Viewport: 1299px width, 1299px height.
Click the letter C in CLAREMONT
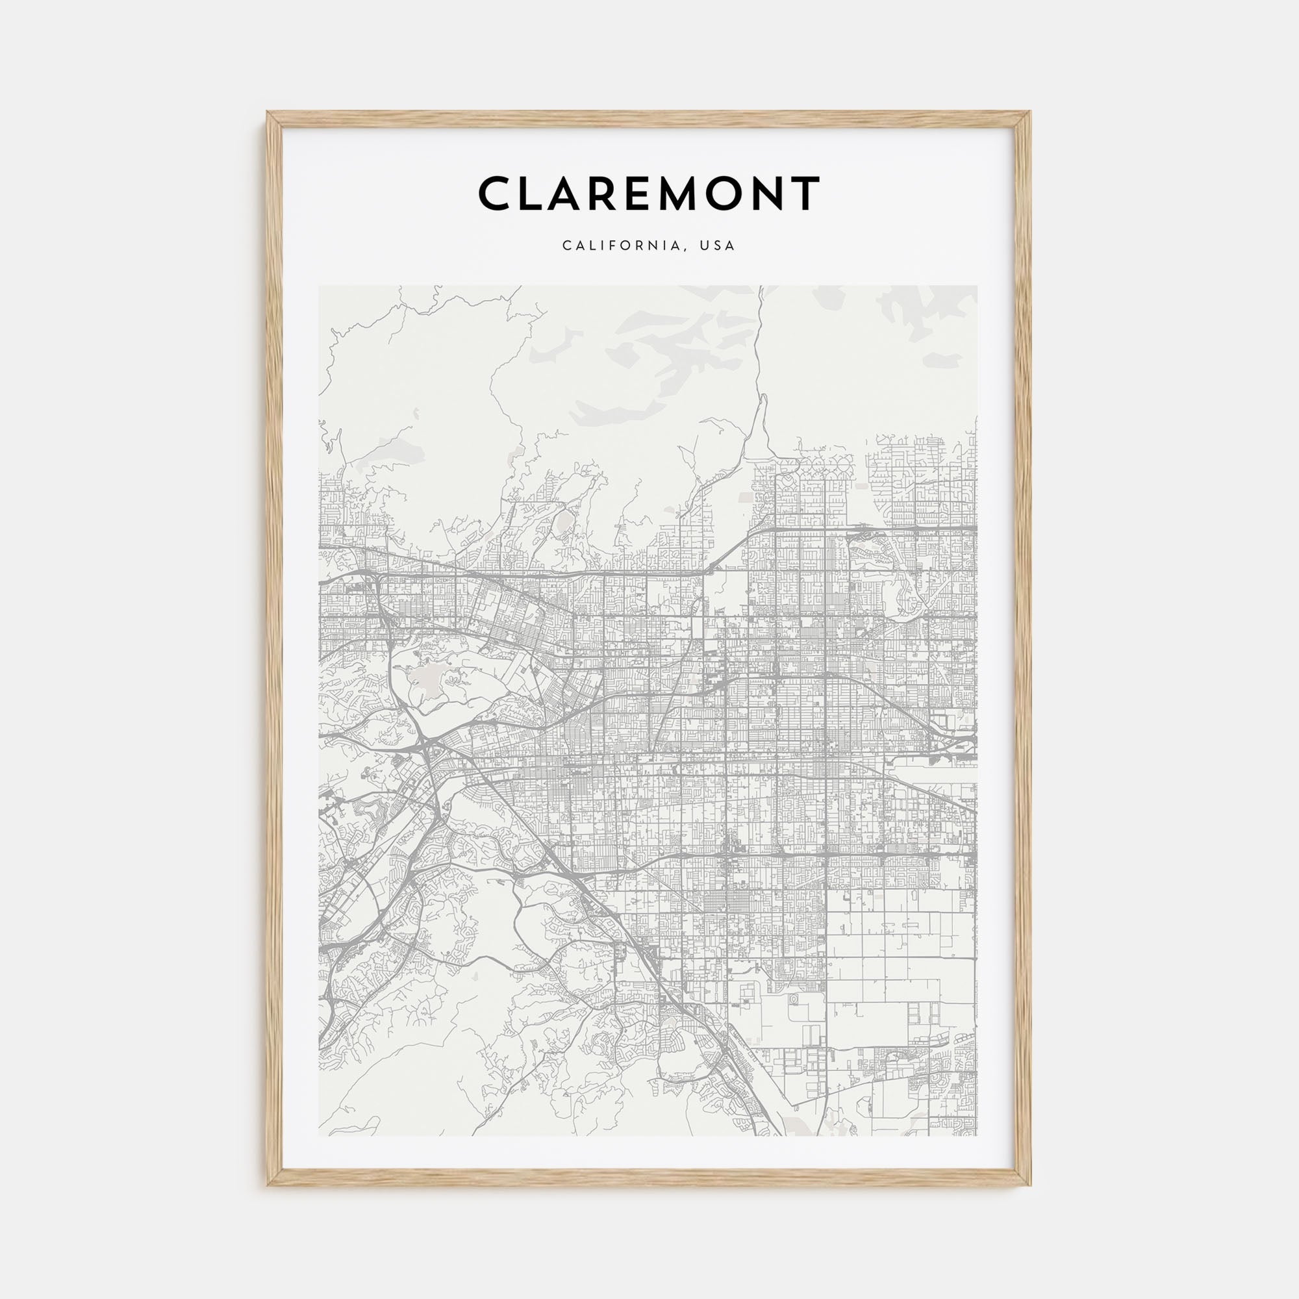(x=496, y=193)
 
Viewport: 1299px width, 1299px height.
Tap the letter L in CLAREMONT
(x=535, y=193)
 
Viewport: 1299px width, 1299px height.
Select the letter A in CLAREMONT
(x=572, y=193)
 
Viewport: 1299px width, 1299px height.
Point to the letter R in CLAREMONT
(x=614, y=193)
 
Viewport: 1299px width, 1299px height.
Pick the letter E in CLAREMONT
(x=651, y=193)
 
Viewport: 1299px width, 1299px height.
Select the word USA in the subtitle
(x=718, y=246)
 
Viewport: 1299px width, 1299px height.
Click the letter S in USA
(x=718, y=246)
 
